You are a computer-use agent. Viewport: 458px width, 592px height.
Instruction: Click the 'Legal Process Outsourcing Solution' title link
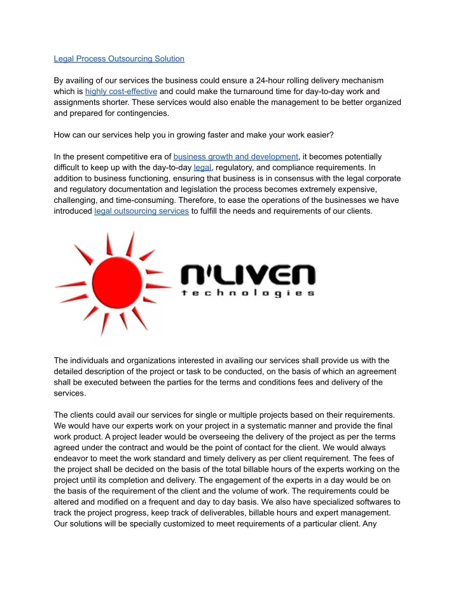[x=119, y=59]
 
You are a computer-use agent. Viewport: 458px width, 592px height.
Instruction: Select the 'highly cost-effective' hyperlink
[x=121, y=92]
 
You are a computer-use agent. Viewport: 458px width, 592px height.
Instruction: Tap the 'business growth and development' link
[x=235, y=156]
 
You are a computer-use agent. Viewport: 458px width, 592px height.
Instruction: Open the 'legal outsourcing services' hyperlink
[x=141, y=211]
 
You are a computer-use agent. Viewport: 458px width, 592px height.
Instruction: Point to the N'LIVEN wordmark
[x=248, y=276]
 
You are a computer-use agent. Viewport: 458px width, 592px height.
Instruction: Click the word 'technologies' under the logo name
[x=248, y=294]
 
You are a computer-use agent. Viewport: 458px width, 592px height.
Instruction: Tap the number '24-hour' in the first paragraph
[x=270, y=81]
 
